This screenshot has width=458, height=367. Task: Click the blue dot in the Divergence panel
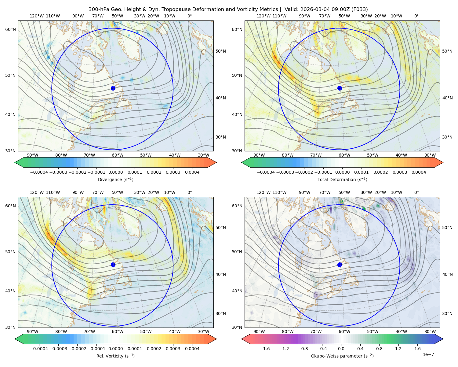[x=113, y=88]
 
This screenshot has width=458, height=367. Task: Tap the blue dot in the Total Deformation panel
[x=340, y=88]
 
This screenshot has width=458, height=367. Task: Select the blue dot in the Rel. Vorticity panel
[x=113, y=265]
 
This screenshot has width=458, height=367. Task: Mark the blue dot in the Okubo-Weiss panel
[x=340, y=265]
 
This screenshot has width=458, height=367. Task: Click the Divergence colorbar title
[x=115, y=179]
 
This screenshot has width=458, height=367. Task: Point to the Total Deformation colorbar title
[x=342, y=179]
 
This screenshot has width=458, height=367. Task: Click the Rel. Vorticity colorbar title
[x=115, y=356]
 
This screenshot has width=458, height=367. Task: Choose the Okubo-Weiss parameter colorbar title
[x=342, y=356]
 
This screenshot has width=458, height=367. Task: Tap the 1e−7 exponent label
[x=428, y=354]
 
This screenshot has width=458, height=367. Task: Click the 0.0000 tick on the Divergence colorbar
[x=115, y=172]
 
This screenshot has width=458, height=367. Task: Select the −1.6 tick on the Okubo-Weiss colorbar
[x=265, y=348]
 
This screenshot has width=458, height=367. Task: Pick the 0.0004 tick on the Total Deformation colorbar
[x=419, y=172]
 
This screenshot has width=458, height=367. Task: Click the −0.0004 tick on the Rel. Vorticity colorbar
[x=39, y=348]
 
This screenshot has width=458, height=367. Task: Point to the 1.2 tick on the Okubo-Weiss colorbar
[x=398, y=348]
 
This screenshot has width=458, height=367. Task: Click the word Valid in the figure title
[x=290, y=9]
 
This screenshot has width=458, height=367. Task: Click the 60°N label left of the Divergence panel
[x=10, y=29]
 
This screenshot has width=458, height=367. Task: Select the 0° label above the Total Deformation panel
[x=416, y=16]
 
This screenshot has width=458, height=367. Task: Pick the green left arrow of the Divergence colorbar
[x=19, y=162]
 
